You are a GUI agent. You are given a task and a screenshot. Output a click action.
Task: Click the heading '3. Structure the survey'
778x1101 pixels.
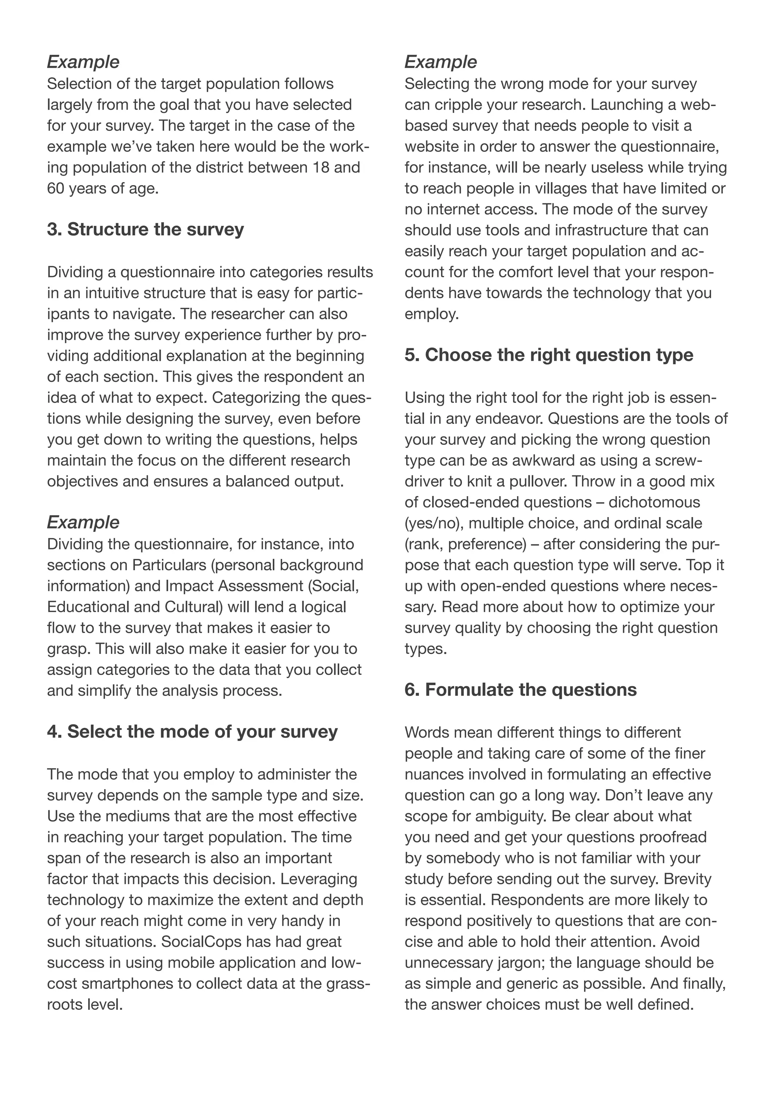tap(145, 230)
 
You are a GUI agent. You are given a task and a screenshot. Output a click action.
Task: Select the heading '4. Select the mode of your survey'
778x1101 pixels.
tap(192, 732)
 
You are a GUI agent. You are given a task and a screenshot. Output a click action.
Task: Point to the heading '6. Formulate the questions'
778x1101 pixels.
tap(520, 690)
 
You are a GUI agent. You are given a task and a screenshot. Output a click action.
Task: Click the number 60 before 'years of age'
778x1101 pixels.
tap(55, 189)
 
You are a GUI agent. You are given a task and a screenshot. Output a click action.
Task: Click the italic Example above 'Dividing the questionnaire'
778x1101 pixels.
tap(83, 522)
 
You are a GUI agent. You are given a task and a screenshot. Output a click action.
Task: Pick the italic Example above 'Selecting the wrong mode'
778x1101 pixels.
tap(440, 62)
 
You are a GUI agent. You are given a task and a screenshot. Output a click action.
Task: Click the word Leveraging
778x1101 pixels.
tap(319, 879)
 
